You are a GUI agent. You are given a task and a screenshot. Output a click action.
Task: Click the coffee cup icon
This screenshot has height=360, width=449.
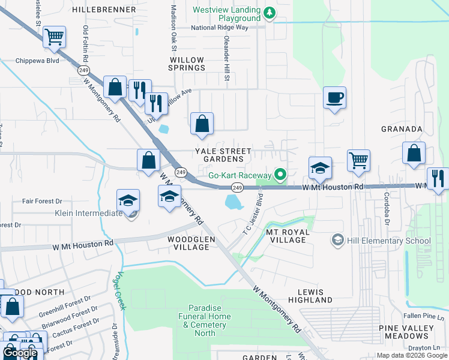(x=334, y=97)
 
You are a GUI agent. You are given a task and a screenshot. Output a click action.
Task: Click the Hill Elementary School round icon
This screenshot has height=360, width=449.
(x=338, y=241)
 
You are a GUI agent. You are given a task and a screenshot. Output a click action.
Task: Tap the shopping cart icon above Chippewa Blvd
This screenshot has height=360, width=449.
(x=54, y=37)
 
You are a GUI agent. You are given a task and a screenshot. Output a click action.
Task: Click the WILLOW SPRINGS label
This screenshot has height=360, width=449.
(x=187, y=64)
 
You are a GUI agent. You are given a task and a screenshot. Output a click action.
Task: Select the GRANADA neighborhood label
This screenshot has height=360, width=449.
(x=402, y=129)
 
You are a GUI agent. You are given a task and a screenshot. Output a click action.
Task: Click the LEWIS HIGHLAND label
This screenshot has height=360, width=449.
(x=310, y=295)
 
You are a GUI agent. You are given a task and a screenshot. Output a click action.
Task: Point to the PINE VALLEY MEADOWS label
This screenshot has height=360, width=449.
(x=406, y=332)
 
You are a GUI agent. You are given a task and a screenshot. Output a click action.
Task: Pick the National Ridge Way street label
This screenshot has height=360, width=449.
(x=228, y=28)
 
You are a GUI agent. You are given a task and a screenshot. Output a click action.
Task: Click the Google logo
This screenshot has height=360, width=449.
(x=20, y=353)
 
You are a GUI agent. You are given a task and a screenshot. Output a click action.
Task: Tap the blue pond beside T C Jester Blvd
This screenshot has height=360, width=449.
(x=233, y=202)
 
